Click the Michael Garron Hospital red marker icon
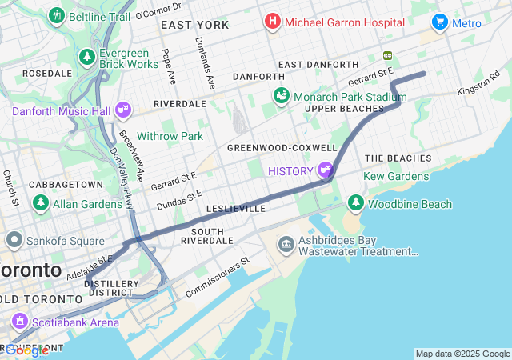[273, 22]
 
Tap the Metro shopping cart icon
[439, 22]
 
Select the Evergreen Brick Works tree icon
[87, 57]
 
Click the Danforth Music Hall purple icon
[123, 108]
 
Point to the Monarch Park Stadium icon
[281, 96]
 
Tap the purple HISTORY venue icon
[325, 170]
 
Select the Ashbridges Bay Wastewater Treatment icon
[286, 244]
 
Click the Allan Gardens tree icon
[41, 203]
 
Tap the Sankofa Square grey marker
[14, 240]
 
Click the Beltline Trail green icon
[56, 15]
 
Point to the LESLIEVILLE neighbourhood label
[235, 208]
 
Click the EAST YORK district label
[194, 25]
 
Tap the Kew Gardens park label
[396, 176]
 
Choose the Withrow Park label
[170, 136]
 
